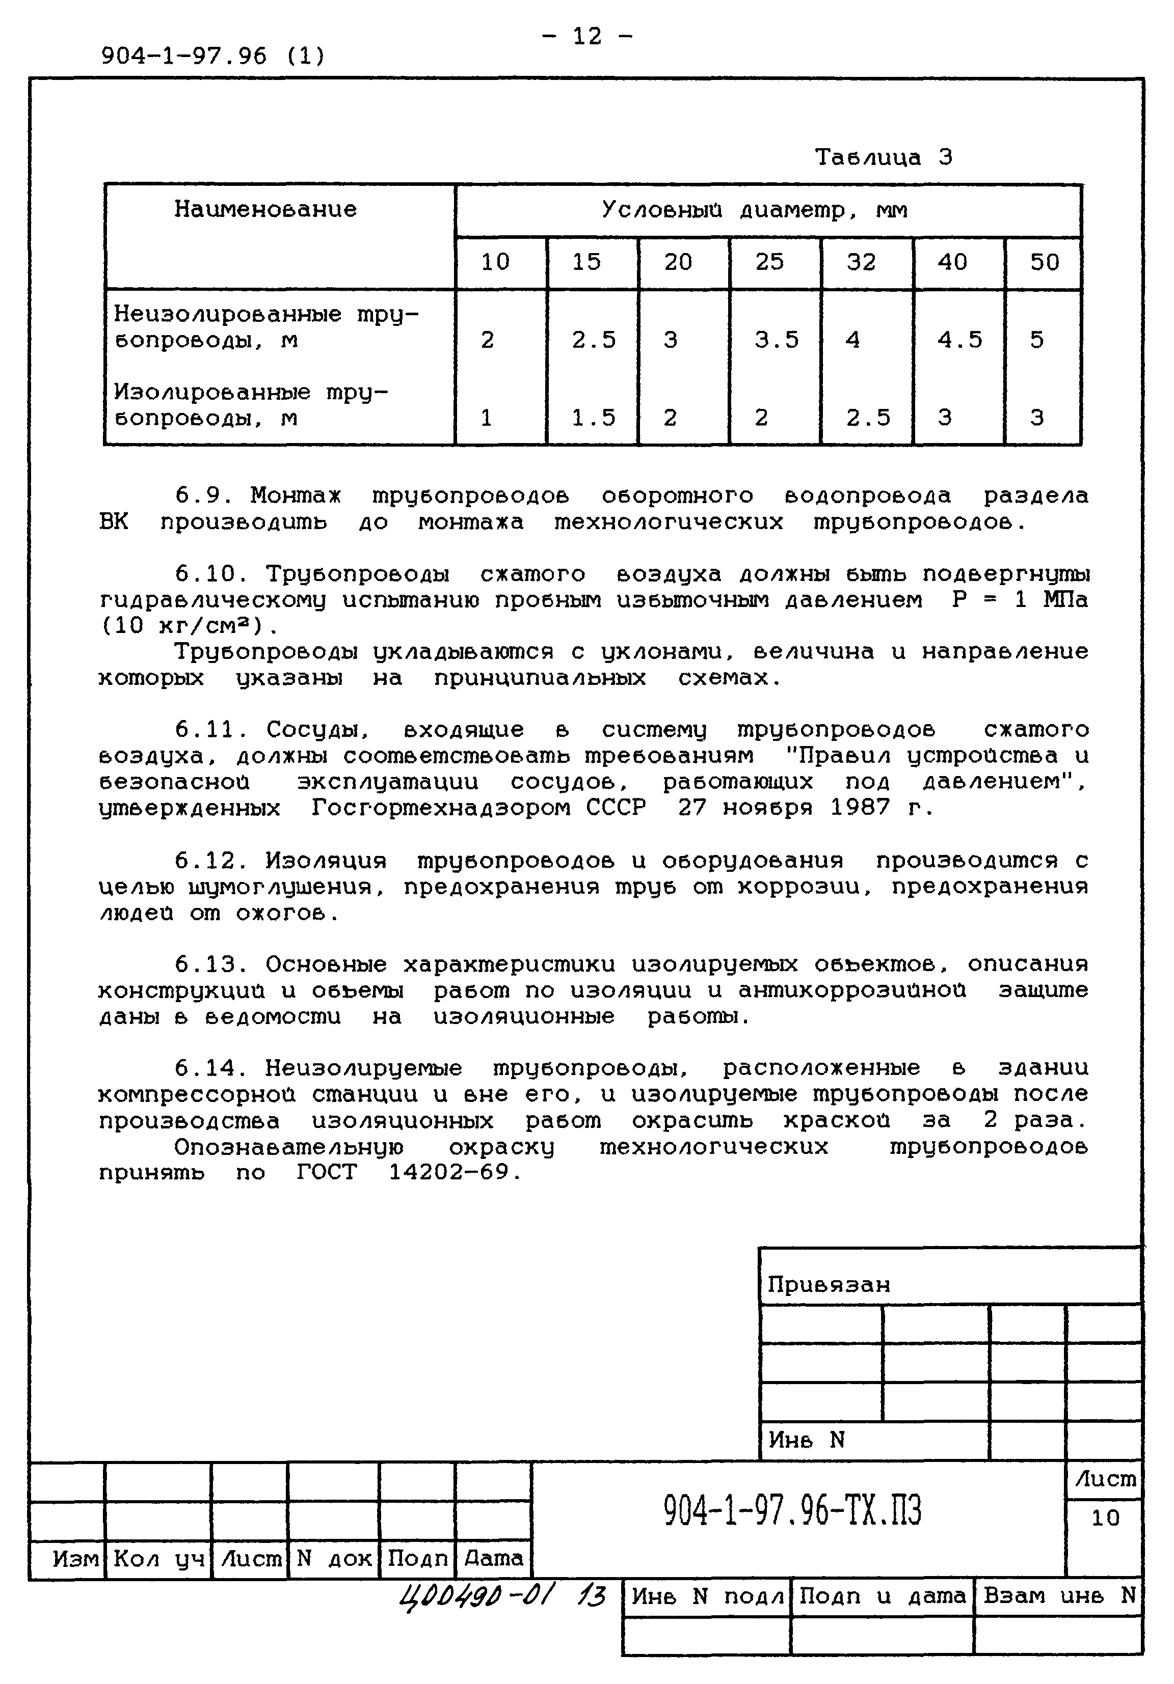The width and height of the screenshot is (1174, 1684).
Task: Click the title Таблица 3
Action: point(884,157)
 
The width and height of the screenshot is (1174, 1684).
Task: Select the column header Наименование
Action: point(265,210)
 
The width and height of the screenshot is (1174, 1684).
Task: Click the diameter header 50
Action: point(1044,262)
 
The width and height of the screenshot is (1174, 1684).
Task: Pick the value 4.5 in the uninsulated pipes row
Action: point(959,340)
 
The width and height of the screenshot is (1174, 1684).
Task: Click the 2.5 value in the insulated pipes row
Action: point(868,418)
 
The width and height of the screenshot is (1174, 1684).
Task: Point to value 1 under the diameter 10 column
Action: point(486,418)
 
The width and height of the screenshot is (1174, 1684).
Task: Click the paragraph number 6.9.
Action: point(203,496)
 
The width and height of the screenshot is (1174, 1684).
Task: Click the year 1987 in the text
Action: point(860,808)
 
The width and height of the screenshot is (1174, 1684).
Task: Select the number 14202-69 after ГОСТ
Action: point(448,1172)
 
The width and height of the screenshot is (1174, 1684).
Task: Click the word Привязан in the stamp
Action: point(829,1285)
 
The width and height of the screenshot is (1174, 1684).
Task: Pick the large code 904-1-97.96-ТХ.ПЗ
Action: point(792,1510)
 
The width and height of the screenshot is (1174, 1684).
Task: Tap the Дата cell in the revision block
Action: point(494,1558)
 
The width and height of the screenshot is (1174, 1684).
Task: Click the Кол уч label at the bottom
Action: point(158,1558)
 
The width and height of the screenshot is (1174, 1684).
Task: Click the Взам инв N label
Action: point(1059,1595)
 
